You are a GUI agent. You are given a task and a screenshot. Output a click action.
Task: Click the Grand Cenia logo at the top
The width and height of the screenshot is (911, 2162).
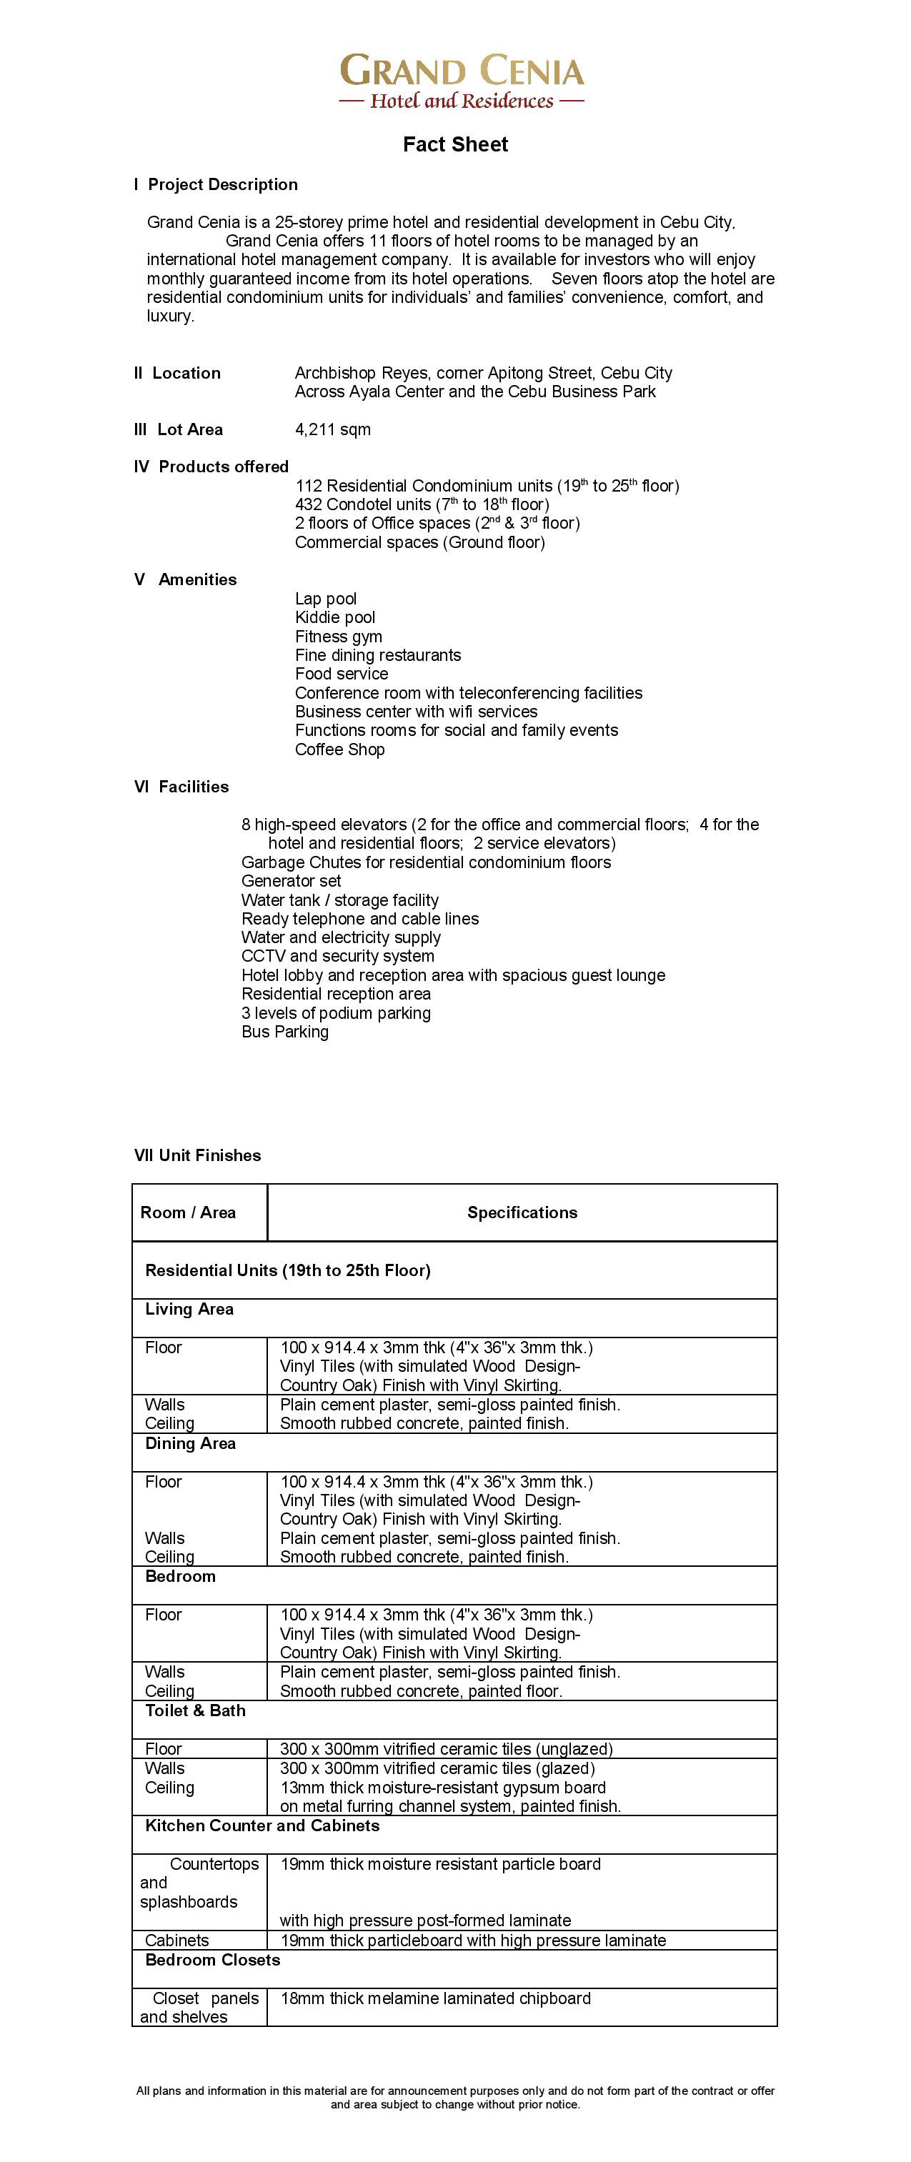461,81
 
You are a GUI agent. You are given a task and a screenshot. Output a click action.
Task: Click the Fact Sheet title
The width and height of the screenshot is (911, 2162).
455,144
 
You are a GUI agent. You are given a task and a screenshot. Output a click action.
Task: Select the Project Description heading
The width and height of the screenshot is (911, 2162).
216,184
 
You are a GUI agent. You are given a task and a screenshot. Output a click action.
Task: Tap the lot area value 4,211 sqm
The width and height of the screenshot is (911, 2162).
332,429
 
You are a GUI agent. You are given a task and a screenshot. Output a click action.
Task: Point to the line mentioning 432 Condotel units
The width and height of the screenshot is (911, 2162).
422,504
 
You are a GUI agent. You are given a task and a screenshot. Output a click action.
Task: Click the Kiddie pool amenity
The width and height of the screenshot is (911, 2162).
335,618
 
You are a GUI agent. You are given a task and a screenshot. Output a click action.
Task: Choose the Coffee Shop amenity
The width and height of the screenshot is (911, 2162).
340,749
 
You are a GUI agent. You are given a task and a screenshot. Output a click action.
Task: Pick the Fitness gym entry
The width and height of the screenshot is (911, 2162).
339,636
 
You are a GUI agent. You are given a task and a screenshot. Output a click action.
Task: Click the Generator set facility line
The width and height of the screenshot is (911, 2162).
292,881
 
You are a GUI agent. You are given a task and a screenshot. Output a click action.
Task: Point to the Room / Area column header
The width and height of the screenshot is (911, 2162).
188,1212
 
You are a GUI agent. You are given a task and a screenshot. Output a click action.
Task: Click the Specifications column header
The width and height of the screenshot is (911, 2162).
522,1212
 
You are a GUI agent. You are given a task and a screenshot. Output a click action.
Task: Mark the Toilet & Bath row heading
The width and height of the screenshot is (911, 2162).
196,1710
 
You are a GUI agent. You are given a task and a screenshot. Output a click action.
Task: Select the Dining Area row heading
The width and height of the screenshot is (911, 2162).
191,1443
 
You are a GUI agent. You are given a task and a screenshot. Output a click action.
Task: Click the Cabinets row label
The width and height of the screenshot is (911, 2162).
177,1941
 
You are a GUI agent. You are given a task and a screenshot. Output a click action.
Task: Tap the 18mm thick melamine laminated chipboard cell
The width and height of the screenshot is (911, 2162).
436,1998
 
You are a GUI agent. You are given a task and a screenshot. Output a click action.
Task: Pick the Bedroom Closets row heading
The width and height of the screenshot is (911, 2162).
213,1960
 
